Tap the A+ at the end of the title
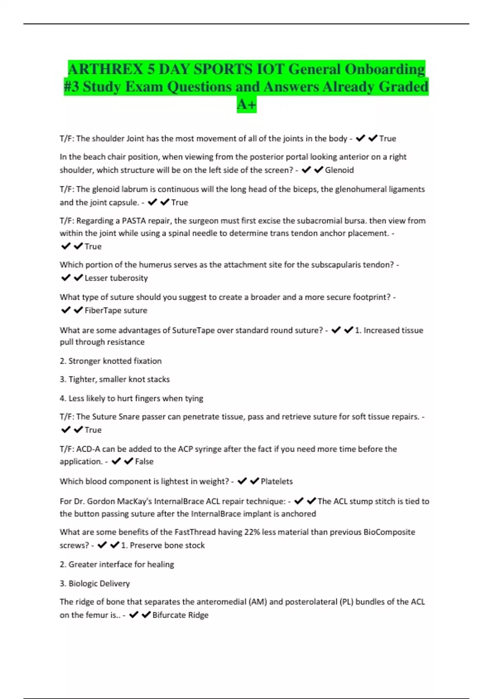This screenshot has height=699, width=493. [246, 104]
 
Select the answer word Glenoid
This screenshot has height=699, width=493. [339, 170]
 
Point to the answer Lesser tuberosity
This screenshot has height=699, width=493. [116, 278]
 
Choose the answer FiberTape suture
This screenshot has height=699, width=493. [115, 310]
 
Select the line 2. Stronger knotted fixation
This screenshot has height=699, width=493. [111, 361]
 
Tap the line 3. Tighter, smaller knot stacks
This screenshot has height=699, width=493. [115, 379]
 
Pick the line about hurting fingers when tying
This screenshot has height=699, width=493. [131, 398]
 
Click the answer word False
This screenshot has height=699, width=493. [144, 461]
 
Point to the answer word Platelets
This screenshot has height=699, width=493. [276, 481]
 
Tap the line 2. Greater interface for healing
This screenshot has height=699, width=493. [117, 564]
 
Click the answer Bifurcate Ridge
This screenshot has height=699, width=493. [180, 615]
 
